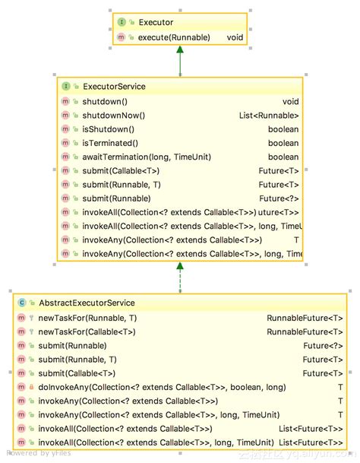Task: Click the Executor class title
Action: tap(156, 23)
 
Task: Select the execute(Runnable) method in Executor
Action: tap(175, 36)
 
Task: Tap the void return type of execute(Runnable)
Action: tap(235, 36)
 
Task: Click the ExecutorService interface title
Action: tap(114, 87)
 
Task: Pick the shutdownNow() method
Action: tap(113, 116)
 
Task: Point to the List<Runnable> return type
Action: tap(268, 116)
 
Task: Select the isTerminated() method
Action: tap(110, 143)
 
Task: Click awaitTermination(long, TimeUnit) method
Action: tap(146, 157)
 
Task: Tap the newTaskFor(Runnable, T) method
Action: tap(87, 318)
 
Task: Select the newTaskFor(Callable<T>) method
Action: tap(87, 331)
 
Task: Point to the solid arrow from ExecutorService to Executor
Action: tap(180, 61)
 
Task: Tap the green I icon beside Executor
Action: tap(122, 23)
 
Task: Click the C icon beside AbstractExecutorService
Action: tap(22, 303)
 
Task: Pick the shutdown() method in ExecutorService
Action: tap(105, 101)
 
